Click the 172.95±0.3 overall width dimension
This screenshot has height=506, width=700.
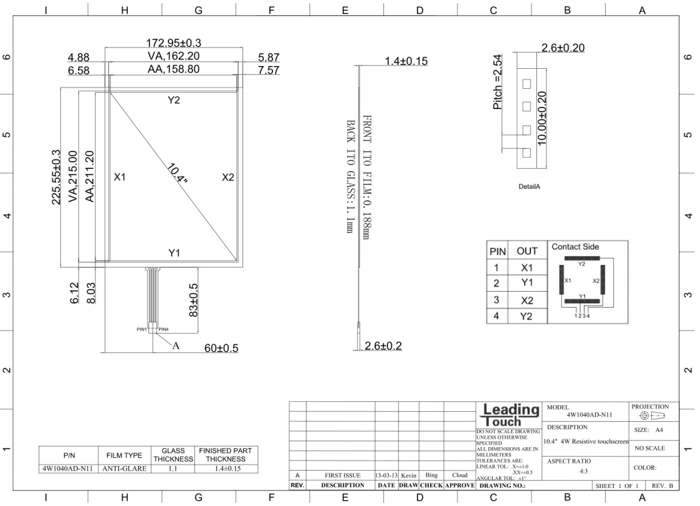pyautogui.click(x=174, y=43)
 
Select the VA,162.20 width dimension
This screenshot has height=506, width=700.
pyautogui.click(x=174, y=56)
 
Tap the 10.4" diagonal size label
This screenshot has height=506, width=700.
pyautogui.click(x=177, y=174)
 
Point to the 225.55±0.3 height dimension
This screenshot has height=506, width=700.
pyautogui.click(x=56, y=177)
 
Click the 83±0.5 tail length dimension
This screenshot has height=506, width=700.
pyautogui.click(x=193, y=300)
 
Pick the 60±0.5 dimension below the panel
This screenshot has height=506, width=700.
pyautogui.click(x=222, y=348)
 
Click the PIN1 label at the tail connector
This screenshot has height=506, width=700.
pyautogui.click(x=142, y=329)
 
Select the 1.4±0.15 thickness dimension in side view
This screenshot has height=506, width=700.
pyautogui.click(x=406, y=61)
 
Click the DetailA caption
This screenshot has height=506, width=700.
pyautogui.click(x=529, y=186)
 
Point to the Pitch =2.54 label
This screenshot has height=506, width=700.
pyautogui.click(x=498, y=82)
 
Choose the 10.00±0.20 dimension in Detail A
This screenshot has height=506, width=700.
pyautogui.click(x=542, y=118)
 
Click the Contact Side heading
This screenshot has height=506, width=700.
pyautogui.click(x=576, y=247)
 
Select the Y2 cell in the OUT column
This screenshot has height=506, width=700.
pyautogui.click(x=527, y=316)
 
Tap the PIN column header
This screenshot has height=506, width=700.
pyautogui.click(x=498, y=252)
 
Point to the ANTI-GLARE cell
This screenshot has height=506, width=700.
pyautogui.click(x=124, y=469)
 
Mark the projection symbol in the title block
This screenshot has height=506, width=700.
pyautogui.click(x=652, y=416)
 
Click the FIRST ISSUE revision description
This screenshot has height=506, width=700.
pyautogui.click(x=343, y=476)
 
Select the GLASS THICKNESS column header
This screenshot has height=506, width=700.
pyautogui.click(x=173, y=455)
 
